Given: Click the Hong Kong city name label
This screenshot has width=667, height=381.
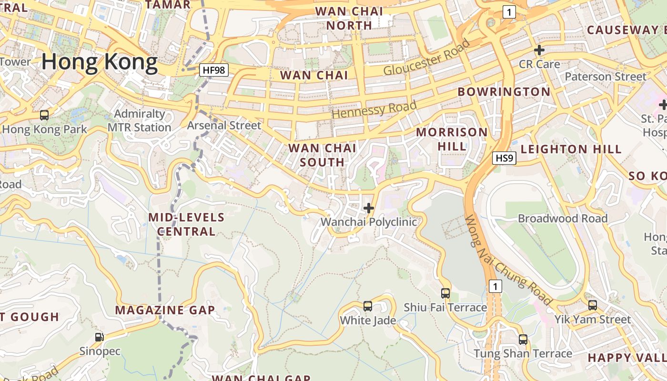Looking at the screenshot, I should (100, 62).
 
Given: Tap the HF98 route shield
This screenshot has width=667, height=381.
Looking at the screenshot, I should (213, 70).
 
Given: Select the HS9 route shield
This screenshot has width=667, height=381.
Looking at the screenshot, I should (505, 158).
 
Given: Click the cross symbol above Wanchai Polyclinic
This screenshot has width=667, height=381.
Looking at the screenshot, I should (369, 208).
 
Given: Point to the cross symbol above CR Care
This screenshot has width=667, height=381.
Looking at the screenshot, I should (539, 50).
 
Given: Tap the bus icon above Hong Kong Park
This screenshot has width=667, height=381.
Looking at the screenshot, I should (44, 115).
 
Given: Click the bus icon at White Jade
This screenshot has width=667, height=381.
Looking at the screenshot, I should (368, 306).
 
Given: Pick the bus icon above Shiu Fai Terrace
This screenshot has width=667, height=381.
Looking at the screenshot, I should (445, 293).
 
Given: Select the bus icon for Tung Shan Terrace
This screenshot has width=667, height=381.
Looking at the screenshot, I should (523, 340).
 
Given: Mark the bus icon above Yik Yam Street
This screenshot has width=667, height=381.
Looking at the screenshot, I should (593, 305).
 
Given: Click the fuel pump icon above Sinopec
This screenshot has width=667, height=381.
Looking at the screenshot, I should (100, 337).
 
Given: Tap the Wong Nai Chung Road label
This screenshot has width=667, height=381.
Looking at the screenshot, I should (508, 260).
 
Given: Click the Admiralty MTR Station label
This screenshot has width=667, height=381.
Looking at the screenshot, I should (139, 120).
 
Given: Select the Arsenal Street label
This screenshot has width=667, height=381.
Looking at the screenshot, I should (224, 126).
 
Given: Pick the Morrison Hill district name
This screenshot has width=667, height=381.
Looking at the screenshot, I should (452, 139).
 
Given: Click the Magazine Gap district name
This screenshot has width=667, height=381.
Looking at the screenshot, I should (165, 310).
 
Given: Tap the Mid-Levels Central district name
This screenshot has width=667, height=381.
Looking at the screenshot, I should (186, 224).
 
